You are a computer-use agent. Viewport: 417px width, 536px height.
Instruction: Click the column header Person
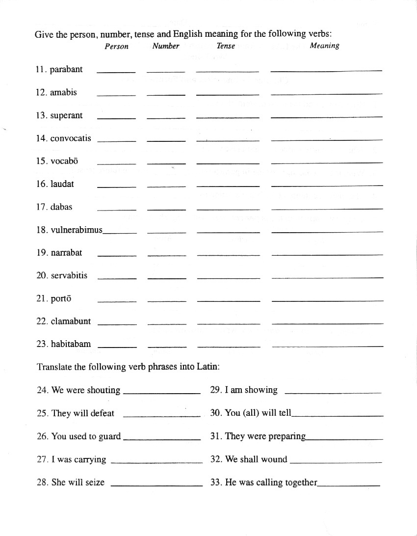tap(116, 46)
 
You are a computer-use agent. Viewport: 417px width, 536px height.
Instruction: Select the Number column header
tap(166, 46)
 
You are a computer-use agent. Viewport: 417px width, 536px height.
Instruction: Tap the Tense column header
tap(226, 46)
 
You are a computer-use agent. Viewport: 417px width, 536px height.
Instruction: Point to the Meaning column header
tap(324, 46)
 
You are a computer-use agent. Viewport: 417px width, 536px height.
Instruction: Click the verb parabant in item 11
tap(66, 69)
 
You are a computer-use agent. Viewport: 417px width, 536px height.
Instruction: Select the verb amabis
tap(63, 92)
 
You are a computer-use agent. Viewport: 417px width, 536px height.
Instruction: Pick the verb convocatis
tap(71, 138)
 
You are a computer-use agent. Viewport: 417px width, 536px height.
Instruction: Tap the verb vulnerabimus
tap(77, 230)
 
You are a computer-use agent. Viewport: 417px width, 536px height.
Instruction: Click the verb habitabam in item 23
tap(71, 344)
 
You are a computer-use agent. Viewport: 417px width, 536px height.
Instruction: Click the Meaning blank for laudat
tap(327, 185)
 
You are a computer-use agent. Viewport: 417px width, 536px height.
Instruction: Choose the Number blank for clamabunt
tap(167, 323)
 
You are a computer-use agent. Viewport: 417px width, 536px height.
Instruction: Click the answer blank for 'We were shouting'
tap(162, 392)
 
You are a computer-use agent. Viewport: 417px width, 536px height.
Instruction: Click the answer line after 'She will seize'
tap(157, 484)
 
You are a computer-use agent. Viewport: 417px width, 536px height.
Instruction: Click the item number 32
tap(216, 459)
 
